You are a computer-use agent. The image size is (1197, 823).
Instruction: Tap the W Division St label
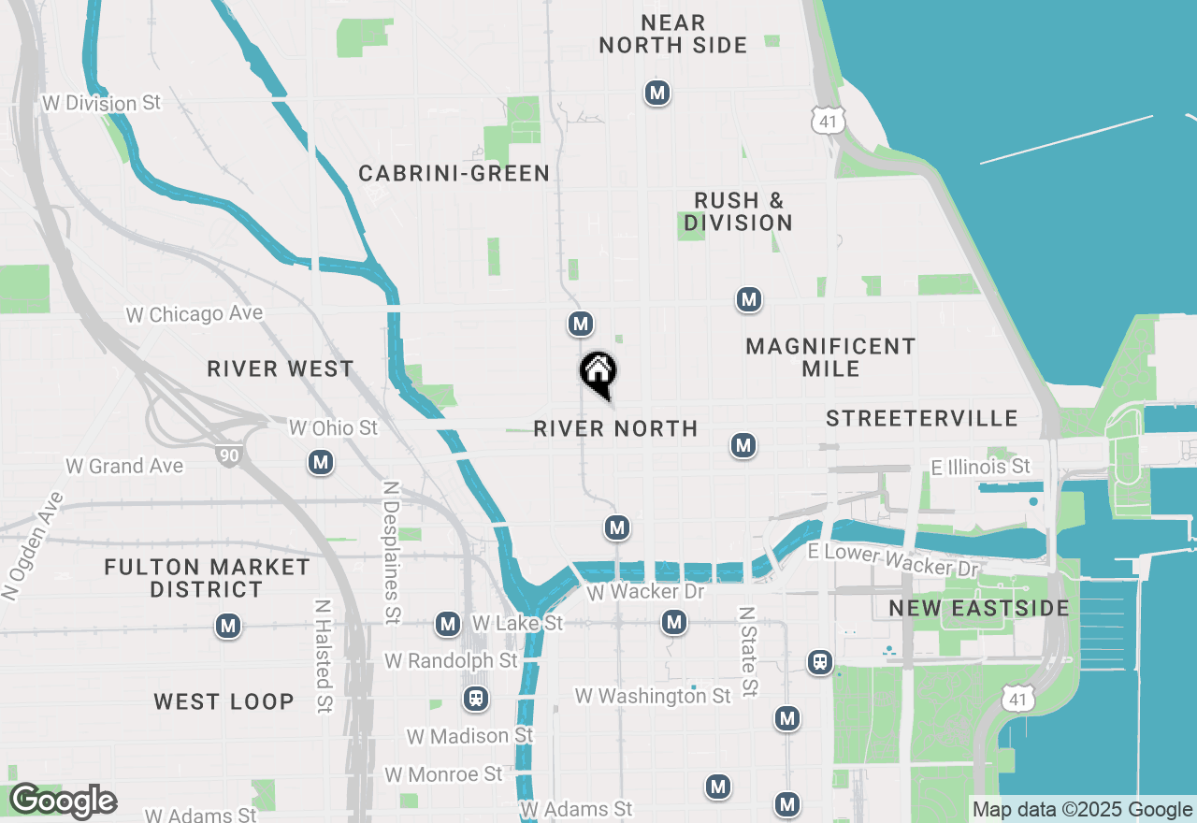click(102, 103)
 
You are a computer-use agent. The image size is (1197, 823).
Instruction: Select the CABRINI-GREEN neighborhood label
click(454, 173)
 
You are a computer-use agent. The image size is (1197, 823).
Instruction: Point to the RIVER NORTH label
click(615, 428)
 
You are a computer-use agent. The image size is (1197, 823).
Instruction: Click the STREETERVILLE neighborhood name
click(921, 418)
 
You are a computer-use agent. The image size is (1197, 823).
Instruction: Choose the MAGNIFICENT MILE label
click(830, 357)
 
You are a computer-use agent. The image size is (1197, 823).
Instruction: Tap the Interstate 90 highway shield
click(226, 455)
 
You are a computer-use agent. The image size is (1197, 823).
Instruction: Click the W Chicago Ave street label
click(195, 314)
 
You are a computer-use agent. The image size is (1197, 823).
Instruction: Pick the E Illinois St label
click(980, 466)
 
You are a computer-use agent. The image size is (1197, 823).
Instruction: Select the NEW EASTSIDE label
click(979, 608)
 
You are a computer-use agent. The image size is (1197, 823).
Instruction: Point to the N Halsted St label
click(324, 657)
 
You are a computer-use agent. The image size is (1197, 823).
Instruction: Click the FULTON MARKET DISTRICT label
click(207, 578)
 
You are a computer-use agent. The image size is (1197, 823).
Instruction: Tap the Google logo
click(63, 801)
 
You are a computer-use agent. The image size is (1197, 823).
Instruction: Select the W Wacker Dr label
click(645, 592)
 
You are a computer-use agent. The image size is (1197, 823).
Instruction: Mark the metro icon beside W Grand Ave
click(321, 462)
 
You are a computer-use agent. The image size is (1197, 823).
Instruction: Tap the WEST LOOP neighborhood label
click(224, 701)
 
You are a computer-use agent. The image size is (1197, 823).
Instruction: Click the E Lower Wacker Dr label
click(893, 560)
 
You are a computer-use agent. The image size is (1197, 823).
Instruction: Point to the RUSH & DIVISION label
click(739, 211)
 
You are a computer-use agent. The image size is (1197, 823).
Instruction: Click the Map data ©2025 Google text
click(1082, 810)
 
